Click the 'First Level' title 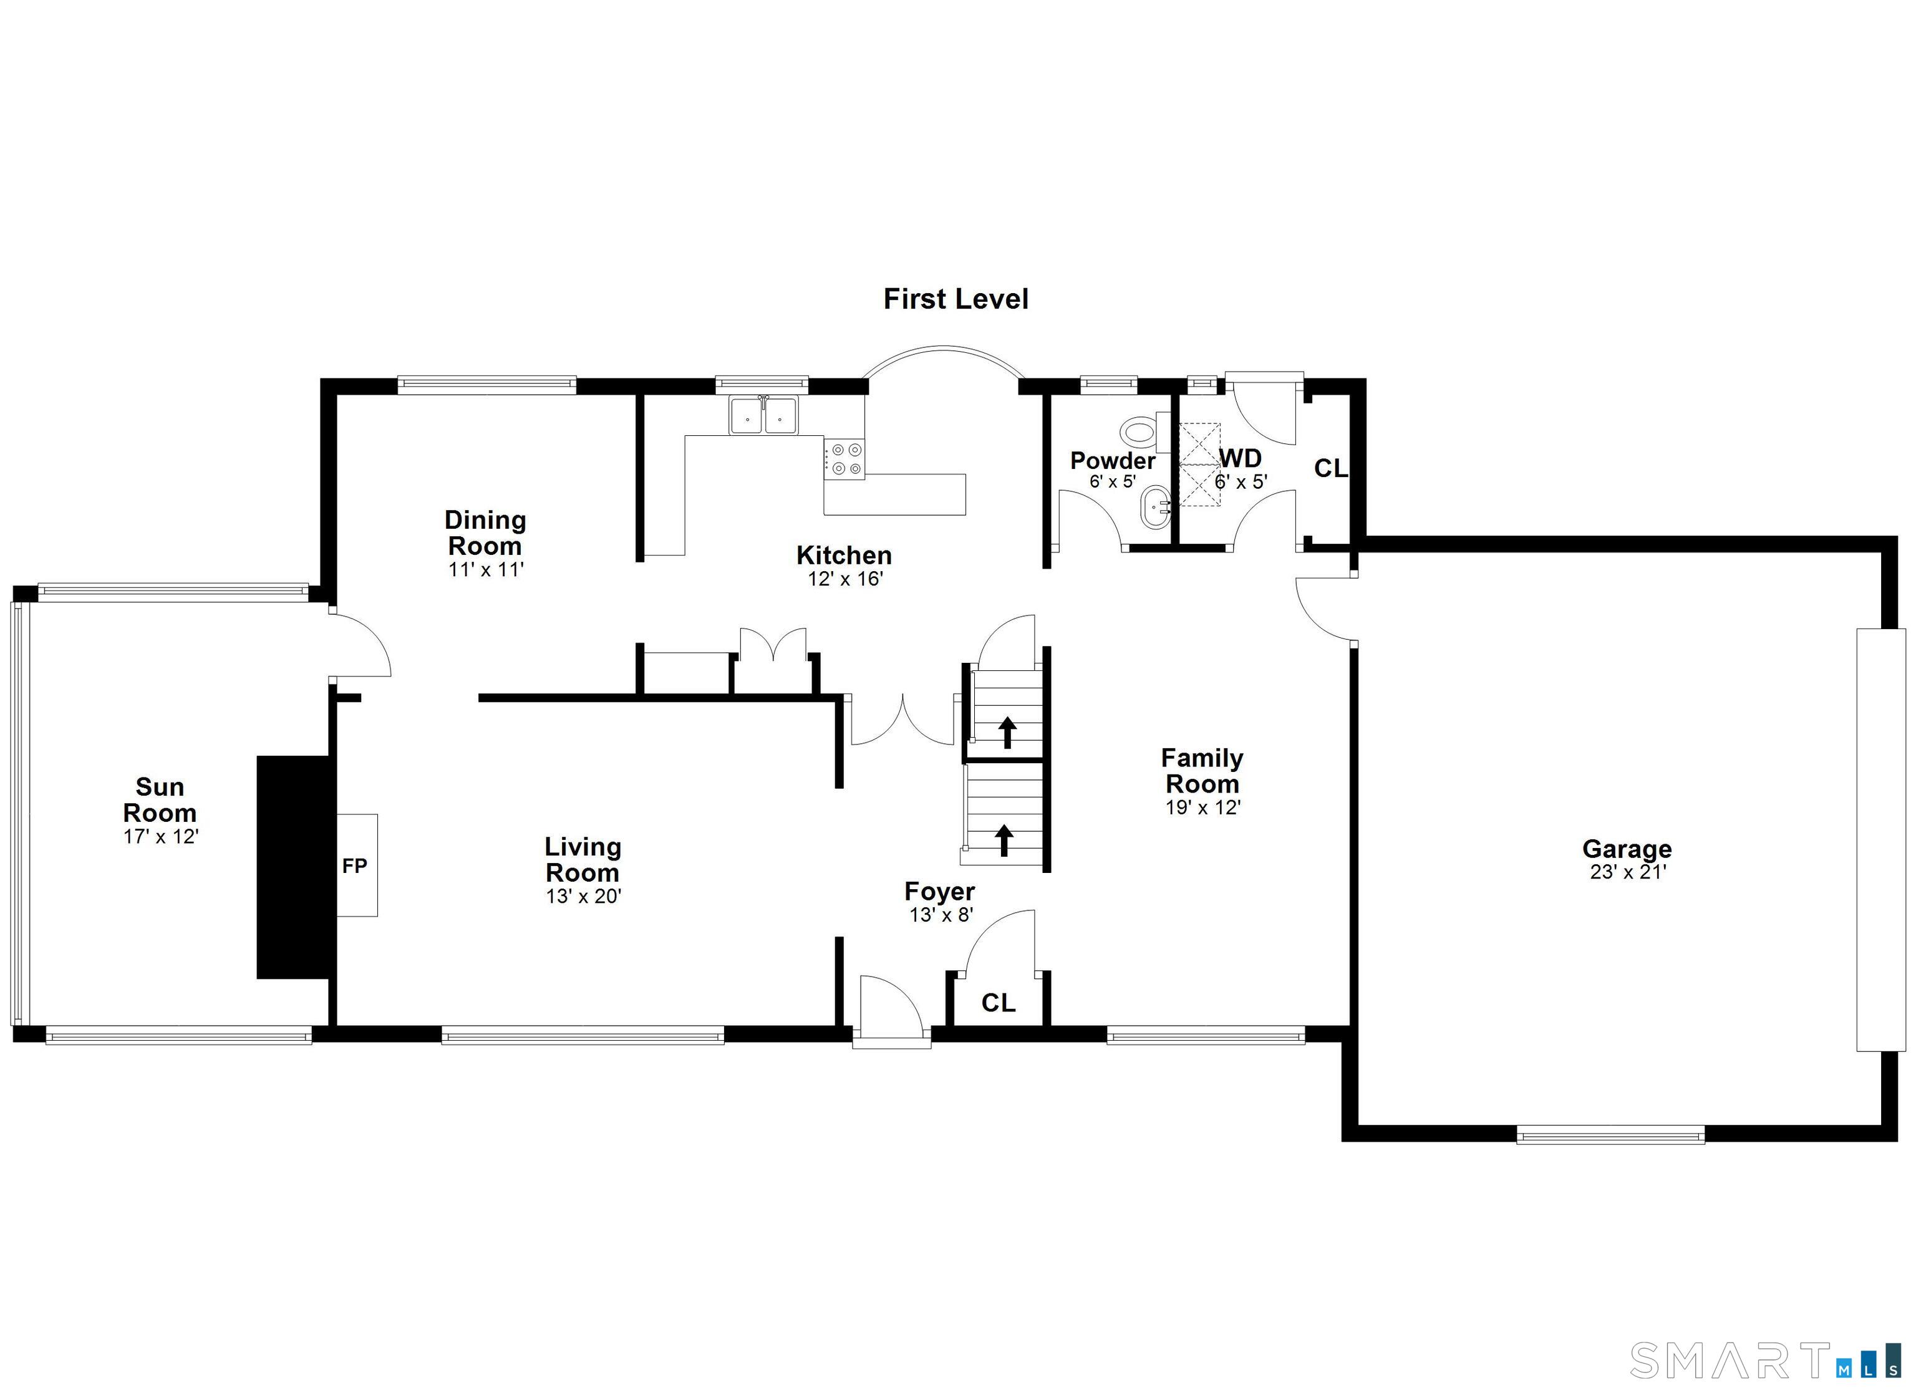tap(956, 299)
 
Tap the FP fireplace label tap(355, 866)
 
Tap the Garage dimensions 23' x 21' tap(1627, 872)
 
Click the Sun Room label tap(160, 800)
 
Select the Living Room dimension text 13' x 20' tap(583, 896)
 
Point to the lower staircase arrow tap(1004, 841)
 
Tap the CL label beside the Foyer tap(998, 1003)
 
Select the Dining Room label tap(485, 532)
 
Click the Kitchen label tap(844, 555)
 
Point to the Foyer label tap(939, 891)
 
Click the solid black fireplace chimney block tap(293, 867)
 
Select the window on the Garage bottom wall tap(1610, 1134)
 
